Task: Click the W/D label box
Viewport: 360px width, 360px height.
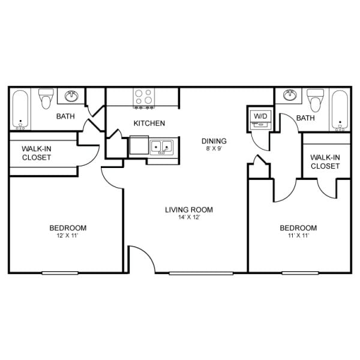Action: click(260, 115)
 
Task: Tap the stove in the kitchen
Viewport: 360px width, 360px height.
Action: click(143, 97)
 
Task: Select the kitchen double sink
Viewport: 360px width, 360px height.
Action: click(161, 146)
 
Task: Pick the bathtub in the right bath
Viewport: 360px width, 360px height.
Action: click(339, 110)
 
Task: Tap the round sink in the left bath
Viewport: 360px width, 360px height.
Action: click(73, 95)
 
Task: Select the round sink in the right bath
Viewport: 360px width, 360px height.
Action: click(290, 95)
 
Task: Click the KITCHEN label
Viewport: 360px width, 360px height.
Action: click(149, 124)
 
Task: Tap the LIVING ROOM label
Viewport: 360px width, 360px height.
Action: click(189, 209)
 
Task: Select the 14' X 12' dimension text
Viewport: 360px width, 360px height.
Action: click(189, 217)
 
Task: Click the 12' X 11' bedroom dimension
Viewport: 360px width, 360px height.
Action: click(67, 236)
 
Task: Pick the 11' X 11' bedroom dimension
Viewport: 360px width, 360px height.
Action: click(298, 236)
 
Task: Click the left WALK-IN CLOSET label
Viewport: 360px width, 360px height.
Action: click(37, 153)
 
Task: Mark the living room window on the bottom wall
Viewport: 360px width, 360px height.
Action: click(192, 274)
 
